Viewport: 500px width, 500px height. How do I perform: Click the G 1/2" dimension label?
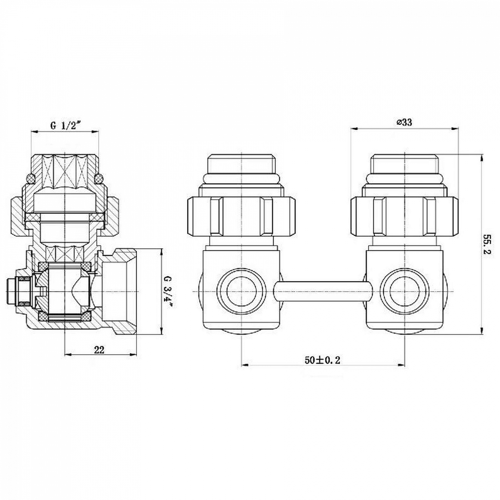tap(66, 126)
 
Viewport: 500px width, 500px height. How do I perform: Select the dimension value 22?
tap(99, 350)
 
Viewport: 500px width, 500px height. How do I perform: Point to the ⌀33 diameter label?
tap(404, 122)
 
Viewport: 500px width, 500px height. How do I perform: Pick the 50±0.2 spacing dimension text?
tap(322, 360)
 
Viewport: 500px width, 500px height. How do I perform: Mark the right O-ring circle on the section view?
tap(99, 179)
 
